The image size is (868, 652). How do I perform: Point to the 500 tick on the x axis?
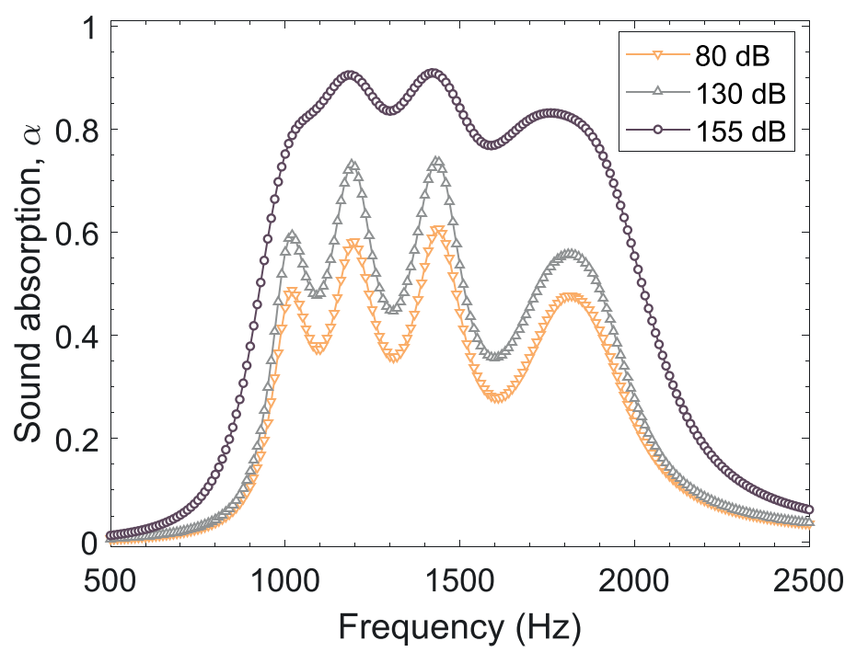click(110, 581)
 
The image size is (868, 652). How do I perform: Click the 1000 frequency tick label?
click(284, 581)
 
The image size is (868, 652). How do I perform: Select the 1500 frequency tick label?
click(460, 581)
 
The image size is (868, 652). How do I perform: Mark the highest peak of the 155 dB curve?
click(434, 73)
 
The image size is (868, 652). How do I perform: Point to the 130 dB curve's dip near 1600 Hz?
click(498, 356)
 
